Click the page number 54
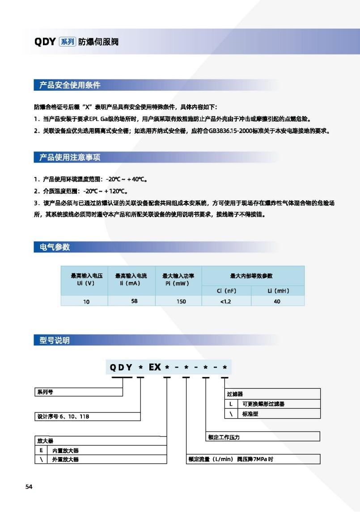pyautogui.click(x=29, y=487)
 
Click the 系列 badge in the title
pyautogui.click(x=68, y=42)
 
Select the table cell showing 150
pyautogui.click(x=181, y=301)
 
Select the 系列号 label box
pyautogui.click(x=78, y=392)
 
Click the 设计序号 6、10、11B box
pyautogui.click(x=87, y=416)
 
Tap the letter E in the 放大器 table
pyautogui.click(x=41, y=450)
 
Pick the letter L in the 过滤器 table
pyautogui.click(x=231, y=404)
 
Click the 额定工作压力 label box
pyautogui.click(x=263, y=437)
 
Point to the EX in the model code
pyautogui.click(x=155, y=367)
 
